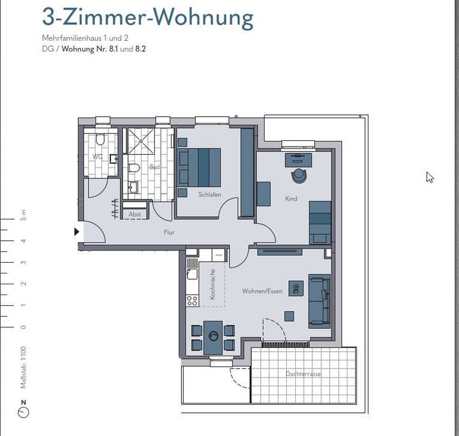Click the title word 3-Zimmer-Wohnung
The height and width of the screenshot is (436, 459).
point(147,17)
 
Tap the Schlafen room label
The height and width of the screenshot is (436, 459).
point(210,194)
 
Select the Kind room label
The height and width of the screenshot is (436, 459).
point(291,199)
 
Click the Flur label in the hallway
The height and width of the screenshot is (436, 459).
point(169,233)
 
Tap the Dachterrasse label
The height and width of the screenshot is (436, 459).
point(303,374)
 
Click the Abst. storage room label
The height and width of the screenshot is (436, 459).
point(135,215)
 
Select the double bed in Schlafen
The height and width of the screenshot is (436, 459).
point(200,168)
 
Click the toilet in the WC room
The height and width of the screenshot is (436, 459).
point(100,140)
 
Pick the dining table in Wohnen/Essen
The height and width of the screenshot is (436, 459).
point(213,337)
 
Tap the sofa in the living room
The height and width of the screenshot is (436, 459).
point(319,301)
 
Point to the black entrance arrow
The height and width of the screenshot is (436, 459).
point(77,232)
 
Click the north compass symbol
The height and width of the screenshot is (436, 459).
point(24,412)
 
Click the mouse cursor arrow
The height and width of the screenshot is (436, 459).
point(430,177)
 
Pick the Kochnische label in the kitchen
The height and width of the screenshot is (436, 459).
point(213,284)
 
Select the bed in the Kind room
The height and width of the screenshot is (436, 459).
point(320,222)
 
